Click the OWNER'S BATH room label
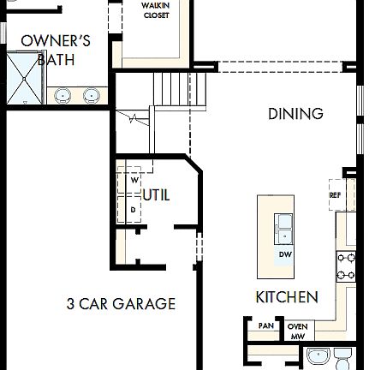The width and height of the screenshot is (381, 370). [x=56, y=50]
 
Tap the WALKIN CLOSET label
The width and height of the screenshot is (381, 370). [x=155, y=9]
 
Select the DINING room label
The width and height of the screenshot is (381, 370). [x=295, y=114]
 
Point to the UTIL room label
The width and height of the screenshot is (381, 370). [x=157, y=195]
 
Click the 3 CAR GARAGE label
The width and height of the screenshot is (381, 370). [x=121, y=303]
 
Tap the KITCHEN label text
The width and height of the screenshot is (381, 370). [x=287, y=297]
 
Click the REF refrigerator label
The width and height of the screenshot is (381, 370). [x=336, y=195]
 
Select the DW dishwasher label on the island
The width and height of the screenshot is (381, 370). [x=284, y=255]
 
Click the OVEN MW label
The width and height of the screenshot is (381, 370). [x=297, y=331]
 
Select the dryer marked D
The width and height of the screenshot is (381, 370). [x=134, y=209]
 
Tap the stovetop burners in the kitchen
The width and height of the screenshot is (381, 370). [x=346, y=266]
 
